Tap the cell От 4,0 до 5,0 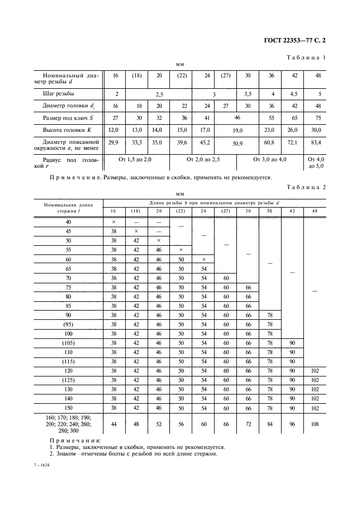(x=315, y=163)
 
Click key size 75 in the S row (x=315, y=118)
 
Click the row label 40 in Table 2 (x=69, y=222)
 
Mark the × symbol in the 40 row (x=114, y=222)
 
